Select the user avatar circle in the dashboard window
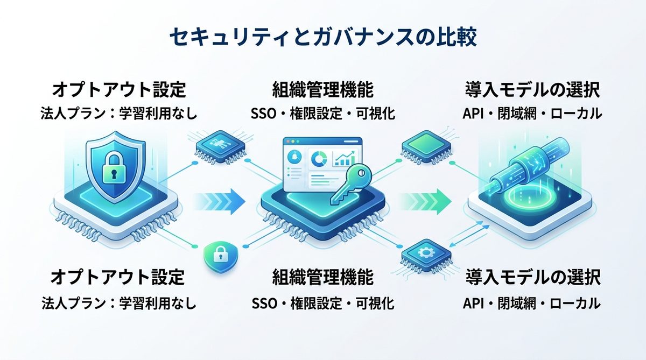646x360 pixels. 296,157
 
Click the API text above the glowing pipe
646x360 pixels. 474,114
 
